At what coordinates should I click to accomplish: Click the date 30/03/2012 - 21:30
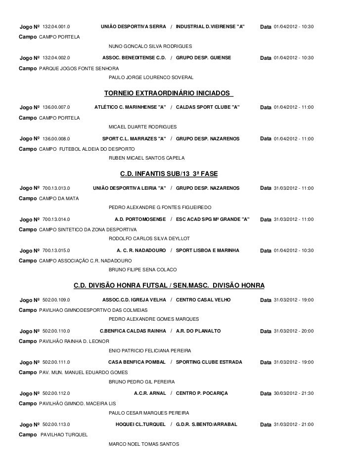point(293,393)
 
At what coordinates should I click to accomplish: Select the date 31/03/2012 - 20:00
point(293,331)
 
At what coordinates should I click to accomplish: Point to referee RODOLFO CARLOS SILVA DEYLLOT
point(149,239)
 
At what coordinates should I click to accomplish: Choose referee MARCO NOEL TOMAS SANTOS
point(144,444)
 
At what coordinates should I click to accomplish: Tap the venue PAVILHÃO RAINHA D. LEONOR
point(74,341)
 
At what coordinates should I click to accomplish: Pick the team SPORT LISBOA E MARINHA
point(207,251)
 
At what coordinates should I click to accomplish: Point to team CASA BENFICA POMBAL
point(136,362)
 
